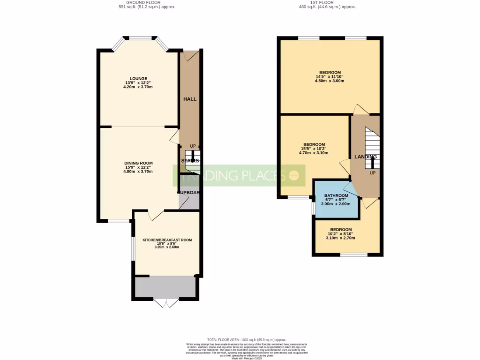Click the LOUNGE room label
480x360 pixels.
(x=139, y=78)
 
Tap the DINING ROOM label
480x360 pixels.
(x=138, y=163)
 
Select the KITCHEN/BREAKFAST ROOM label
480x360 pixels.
(x=167, y=240)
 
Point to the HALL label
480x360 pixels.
(x=189, y=99)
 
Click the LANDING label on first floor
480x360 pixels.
(x=365, y=157)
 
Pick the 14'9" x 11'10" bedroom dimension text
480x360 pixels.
(x=330, y=76)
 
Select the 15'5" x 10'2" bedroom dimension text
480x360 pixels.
(x=314, y=149)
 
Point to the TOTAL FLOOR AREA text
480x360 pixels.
(x=247, y=339)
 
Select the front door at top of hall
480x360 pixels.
(x=191, y=55)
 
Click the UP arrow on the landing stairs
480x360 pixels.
(x=372, y=163)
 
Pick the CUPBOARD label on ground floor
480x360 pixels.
(x=188, y=192)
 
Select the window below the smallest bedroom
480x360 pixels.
(x=353, y=255)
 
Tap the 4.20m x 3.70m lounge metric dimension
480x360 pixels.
(x=138, y=87)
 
